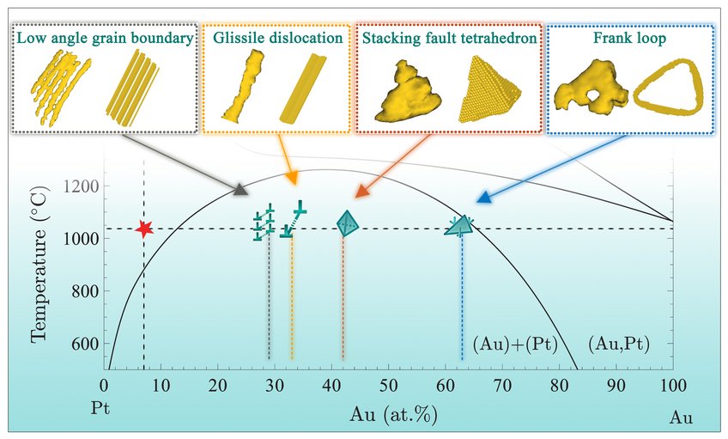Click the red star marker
pyautogui.click(x=144, y=229)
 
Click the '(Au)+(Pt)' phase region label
pyautogui.click(x=514, y=344)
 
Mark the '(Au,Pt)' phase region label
pyautogui.click(x=619, y=344)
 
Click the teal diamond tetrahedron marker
pyautogui.click(x=347, y=224)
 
